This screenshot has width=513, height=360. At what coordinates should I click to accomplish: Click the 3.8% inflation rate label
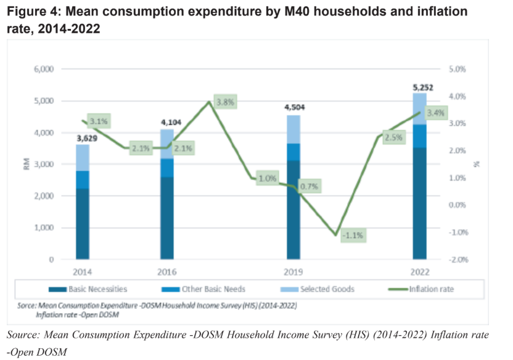click(225, 102)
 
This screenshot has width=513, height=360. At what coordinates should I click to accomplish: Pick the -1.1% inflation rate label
click(353, 235)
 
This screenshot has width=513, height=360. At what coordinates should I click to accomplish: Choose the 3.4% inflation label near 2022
click(435, 113)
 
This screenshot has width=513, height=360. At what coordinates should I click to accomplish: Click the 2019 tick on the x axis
click(293, 272)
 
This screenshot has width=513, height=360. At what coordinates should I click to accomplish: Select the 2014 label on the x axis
click(83, 272)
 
